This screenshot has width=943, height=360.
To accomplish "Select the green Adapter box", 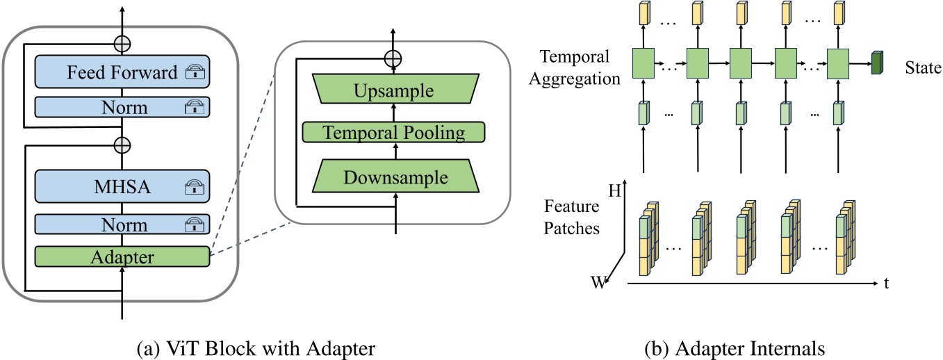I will pyautogui.click(x=122, y=256).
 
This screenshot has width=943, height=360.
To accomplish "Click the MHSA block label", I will pyautogui.click(x=122, y=186).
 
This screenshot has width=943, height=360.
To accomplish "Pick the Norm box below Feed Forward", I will pyautogui.click(x=122, y=106).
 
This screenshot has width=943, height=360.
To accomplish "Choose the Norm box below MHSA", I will pyautogui.click(x=122, y=224).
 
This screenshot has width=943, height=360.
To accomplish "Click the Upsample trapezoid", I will pyautogui.click(x=394, y=91).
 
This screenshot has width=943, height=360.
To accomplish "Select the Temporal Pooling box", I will pyautogui.click(x=394, y=131).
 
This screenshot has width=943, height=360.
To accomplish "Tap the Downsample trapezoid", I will pyautogui.click(x=394, y=177).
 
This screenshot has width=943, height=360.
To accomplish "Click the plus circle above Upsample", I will pyautogui.click(x=394, y=58).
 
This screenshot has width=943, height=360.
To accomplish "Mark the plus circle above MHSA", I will pyautogui.click(x=122, y=145).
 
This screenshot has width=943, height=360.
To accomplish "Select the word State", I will pyautogui.click(x=923, y=68).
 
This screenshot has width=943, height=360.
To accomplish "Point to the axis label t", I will pyautogui.click(x=887, y=284).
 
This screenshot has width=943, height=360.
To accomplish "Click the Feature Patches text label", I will pyautogui.click(x=572, y=218).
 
